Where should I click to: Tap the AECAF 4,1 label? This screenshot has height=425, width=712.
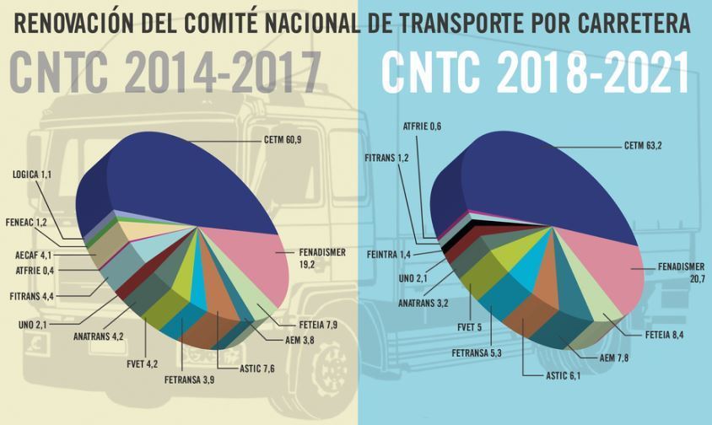(x=30, y=254)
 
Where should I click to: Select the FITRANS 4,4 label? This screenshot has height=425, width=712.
(x=31, y=296)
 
